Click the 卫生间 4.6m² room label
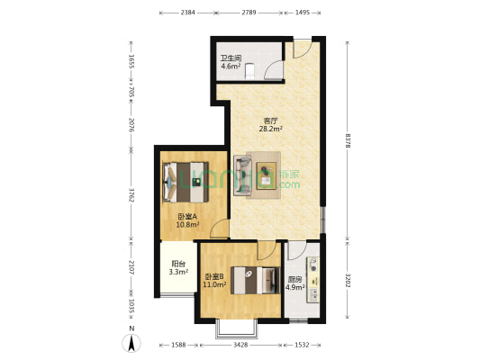(x=231, y=62)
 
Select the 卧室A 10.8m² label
(x=187, y=220)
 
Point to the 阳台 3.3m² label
(x=179, y=267)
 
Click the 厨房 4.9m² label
(x=294, y=283)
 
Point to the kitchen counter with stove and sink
(x=313, y=281)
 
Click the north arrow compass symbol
(x=132, y=342)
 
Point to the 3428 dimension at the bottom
(x=240, y=345)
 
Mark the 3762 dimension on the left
(x=131, y=194)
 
